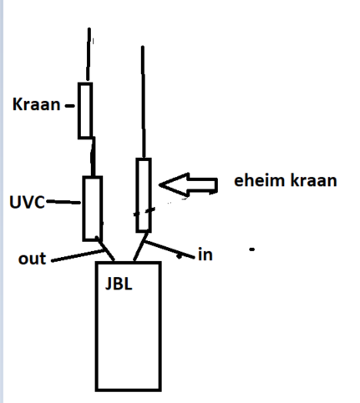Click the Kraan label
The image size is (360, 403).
(36, 104)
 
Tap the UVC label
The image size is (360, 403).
(27, 202)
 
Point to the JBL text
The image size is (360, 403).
(119, 285)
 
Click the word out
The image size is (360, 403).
(32, 259)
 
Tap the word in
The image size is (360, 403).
(205, 254)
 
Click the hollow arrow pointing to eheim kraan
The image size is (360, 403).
(188, 184)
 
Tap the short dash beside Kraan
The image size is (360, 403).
(69, 106)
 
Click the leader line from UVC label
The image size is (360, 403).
(63, 202)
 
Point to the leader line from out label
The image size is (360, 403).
(78, 256)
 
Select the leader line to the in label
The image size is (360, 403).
(170, 249)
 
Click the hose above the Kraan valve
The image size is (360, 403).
(89, 54)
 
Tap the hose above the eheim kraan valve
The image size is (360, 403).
(144, 102)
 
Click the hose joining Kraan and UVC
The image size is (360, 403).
(93, 156)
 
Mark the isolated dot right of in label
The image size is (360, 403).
(251, 249)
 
